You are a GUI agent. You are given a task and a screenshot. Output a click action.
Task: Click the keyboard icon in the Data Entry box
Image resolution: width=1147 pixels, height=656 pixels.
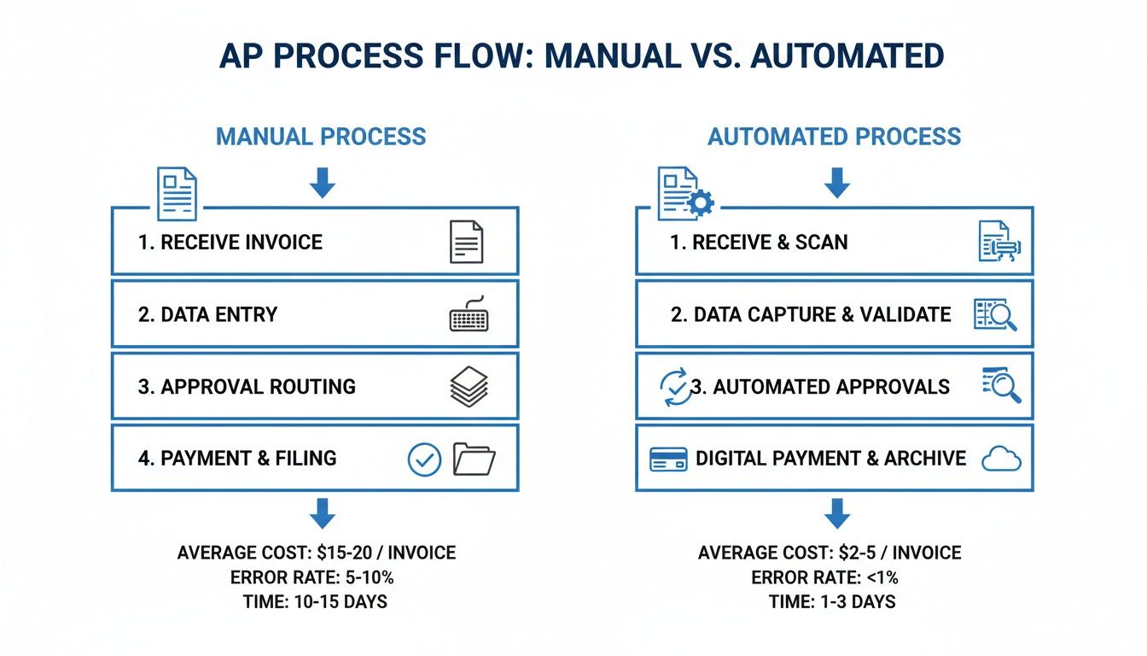(469, 314)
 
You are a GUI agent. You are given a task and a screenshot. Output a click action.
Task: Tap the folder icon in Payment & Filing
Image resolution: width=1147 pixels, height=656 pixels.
(474, 459)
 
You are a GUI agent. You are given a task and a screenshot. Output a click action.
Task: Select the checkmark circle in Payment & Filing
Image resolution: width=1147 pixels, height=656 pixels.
(424, 459)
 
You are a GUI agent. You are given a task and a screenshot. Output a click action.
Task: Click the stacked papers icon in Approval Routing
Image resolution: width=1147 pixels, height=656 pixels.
(469, 386)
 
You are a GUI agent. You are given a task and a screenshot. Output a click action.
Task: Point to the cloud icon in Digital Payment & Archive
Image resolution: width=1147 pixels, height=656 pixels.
(1000, 459)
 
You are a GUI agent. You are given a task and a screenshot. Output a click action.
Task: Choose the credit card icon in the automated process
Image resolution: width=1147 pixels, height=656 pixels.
(668, 459)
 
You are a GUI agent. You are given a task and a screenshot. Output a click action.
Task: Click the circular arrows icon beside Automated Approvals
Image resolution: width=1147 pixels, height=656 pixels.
(674, 387)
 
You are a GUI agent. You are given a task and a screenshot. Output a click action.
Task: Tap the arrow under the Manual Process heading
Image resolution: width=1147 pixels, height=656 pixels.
(322, 182)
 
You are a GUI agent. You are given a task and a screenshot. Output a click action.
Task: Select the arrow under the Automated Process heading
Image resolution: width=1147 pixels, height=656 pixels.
(837, 182)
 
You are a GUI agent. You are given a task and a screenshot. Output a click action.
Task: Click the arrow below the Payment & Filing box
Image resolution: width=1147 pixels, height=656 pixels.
(322, 513)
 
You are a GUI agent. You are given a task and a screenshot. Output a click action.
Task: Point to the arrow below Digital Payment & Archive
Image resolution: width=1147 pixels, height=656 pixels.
(837, 513)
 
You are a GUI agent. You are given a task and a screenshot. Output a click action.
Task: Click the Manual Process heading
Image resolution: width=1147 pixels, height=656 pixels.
(321, 137)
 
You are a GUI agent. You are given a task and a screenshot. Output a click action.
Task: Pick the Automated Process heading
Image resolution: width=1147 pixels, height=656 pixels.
(834, 137)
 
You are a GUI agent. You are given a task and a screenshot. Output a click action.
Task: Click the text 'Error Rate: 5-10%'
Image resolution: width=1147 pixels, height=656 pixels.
(317, 577)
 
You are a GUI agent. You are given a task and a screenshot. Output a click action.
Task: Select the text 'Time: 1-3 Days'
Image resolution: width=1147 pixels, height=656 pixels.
(831, 601)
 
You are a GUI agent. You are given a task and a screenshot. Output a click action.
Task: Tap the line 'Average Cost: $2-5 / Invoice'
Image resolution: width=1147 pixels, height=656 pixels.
(829, 553)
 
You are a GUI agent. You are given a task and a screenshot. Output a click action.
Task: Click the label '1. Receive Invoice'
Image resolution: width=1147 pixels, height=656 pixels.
(230, 243)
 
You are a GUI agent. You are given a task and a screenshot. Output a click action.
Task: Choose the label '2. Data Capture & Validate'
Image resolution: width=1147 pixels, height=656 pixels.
(811, 314)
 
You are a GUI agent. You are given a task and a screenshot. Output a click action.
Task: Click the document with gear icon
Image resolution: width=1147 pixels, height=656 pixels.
(684, 193)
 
